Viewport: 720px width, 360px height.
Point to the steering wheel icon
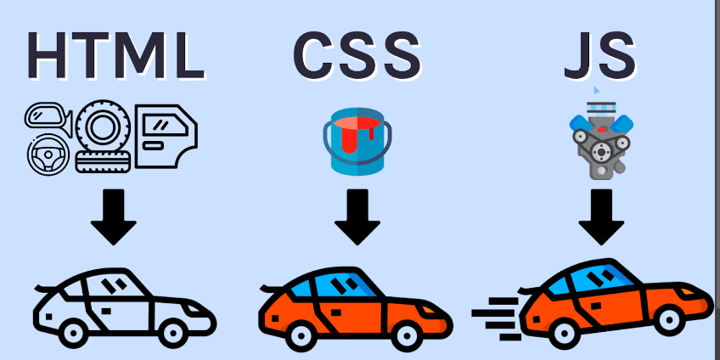48,155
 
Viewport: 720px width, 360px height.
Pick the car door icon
166,138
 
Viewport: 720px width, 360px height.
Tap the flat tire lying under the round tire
100,162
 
